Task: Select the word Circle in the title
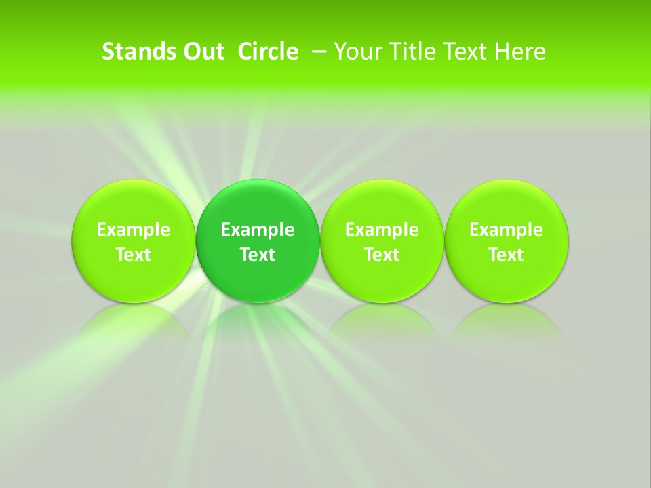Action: [268, 52]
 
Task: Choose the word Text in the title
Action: [461, 52]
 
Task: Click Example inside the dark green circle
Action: [258, 230]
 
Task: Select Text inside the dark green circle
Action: [258, 255]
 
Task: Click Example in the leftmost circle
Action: [133, 230]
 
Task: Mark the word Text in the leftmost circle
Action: [133, 255]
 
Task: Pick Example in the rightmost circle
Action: [506, 230]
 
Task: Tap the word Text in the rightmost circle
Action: [506, 255]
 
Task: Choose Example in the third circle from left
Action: [382, 230]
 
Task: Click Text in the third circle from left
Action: [382, 255]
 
